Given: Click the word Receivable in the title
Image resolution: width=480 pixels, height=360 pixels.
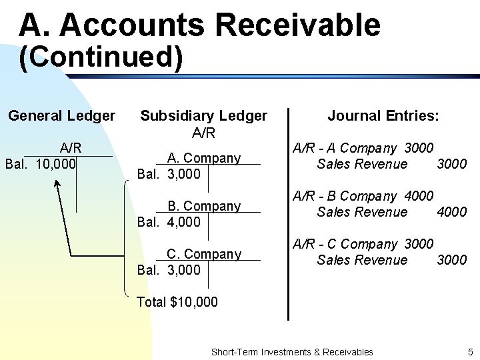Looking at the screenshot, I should pos(297,25).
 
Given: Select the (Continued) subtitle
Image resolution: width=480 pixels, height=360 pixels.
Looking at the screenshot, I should pos(101,57).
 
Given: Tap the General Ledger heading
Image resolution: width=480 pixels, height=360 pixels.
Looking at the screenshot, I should pos(61,116).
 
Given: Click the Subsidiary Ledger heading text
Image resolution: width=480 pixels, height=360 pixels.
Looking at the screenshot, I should pos(203,116).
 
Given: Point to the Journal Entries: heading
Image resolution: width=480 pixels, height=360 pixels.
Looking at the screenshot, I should pos(383,116).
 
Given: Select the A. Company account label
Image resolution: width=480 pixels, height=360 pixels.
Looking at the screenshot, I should pos(203,158).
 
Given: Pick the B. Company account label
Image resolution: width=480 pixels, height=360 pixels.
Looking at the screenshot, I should pos(203,206).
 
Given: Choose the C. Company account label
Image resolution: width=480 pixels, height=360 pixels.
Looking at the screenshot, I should pos(203,254).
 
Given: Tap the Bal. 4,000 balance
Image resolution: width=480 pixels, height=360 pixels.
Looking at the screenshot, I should pos(168,222).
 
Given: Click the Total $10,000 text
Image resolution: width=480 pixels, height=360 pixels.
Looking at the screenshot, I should pos(177,302).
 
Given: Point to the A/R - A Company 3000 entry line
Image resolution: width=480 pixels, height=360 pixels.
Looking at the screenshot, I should pos(363,147).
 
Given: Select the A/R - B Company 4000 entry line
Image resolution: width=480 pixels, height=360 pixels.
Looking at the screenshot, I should pos(363,196).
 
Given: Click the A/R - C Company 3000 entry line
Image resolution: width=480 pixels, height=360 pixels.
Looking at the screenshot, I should pos(363,244).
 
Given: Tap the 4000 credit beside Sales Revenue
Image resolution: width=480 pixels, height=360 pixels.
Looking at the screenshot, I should pos(451,212).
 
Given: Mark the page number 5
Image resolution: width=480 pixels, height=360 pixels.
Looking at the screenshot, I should pos(470,351).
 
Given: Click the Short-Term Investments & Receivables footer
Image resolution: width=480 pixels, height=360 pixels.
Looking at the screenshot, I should pos(291,351).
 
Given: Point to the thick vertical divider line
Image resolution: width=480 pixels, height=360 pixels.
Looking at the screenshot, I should pos(288,213).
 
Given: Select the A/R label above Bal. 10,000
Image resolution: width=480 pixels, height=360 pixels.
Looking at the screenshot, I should pos(71,148).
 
